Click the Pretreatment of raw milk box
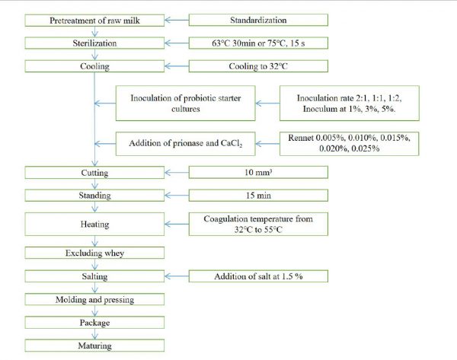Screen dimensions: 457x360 coord(94,21)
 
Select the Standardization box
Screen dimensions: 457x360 coord(258,20)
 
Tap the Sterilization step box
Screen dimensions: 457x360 coord(94,43)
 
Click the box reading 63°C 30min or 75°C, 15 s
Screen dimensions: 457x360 coord(258,43)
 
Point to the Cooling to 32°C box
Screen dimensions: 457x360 coord(258,66)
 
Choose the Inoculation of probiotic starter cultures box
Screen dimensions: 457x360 coord(185,103)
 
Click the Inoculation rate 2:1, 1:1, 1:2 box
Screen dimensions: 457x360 coord(349,103)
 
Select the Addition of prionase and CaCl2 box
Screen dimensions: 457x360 coord(185,144)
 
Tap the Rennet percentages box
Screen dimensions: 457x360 coord(349,144)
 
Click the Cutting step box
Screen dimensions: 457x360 coord(94,173)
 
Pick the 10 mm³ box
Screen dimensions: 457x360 coord(258,172)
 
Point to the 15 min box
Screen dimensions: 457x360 coord(258,196)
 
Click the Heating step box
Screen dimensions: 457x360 coord(94,224)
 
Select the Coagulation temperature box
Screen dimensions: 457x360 coord(258,224)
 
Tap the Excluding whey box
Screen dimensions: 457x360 coord(94,253)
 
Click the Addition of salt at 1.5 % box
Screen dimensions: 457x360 coord(258,276)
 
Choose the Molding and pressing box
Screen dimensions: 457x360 coord(94,299)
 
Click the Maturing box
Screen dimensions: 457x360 coord(94,346)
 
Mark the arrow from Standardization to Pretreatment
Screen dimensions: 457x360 coord(177,20)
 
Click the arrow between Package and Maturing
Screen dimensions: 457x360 coord(94,334)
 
